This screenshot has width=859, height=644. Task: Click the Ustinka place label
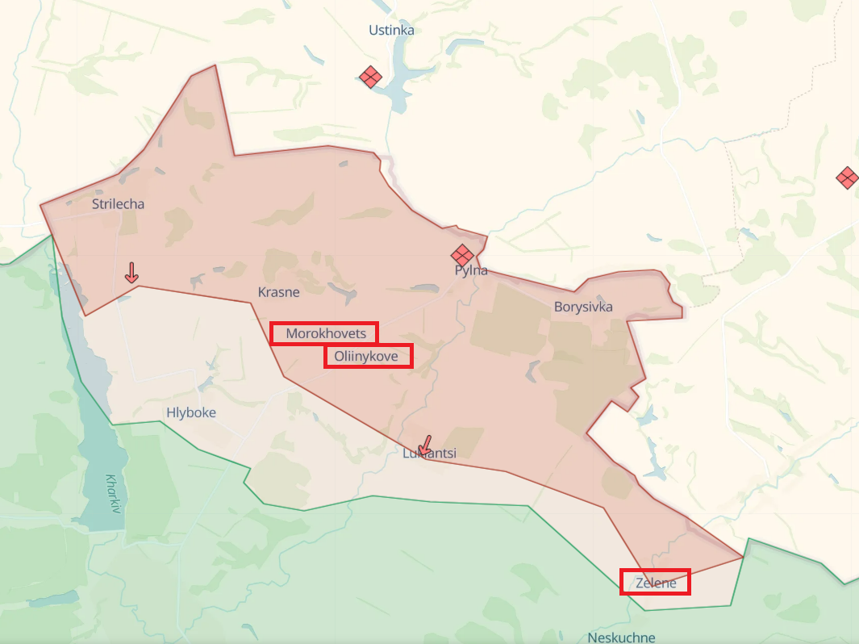[391, 30]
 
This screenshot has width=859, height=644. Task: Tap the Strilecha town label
[118, 203]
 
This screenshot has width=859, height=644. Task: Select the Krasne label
[279, 292]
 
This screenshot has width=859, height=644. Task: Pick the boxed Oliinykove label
[369, 356]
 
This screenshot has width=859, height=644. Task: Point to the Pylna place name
[472, 270]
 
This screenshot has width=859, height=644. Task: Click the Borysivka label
[583, 307]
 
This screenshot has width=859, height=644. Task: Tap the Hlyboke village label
[191, 412]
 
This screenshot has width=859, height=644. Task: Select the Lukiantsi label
[430, 454]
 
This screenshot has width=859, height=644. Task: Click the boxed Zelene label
[655, 582]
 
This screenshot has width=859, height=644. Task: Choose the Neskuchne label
[621, 637]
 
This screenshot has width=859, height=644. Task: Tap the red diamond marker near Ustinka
[370, 77]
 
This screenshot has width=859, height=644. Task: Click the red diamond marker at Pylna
[462, 254]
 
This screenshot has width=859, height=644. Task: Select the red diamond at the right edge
[847, 178]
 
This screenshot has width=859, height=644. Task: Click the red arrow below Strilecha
[131, 272]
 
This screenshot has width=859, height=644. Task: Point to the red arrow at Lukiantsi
[424, 445]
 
